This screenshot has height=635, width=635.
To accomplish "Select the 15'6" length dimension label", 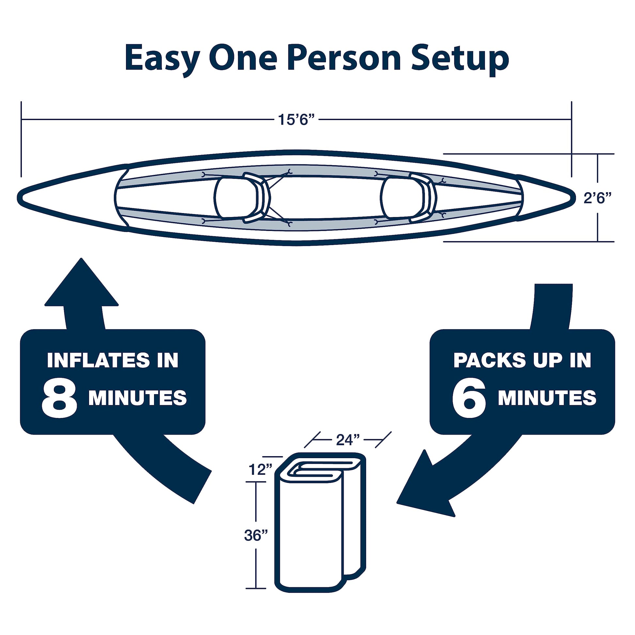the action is pos(294,120).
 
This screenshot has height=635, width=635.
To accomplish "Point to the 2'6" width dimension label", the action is pos(598,198).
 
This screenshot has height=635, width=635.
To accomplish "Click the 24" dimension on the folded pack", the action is pos(348,440).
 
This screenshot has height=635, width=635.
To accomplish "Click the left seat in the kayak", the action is pos(242,198).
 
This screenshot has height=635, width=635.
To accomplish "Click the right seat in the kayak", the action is pos(409,198).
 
